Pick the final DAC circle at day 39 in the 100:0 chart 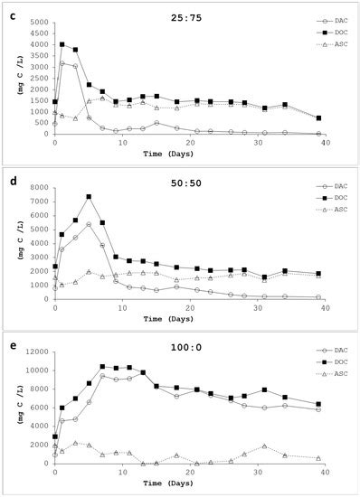[318, 409]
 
